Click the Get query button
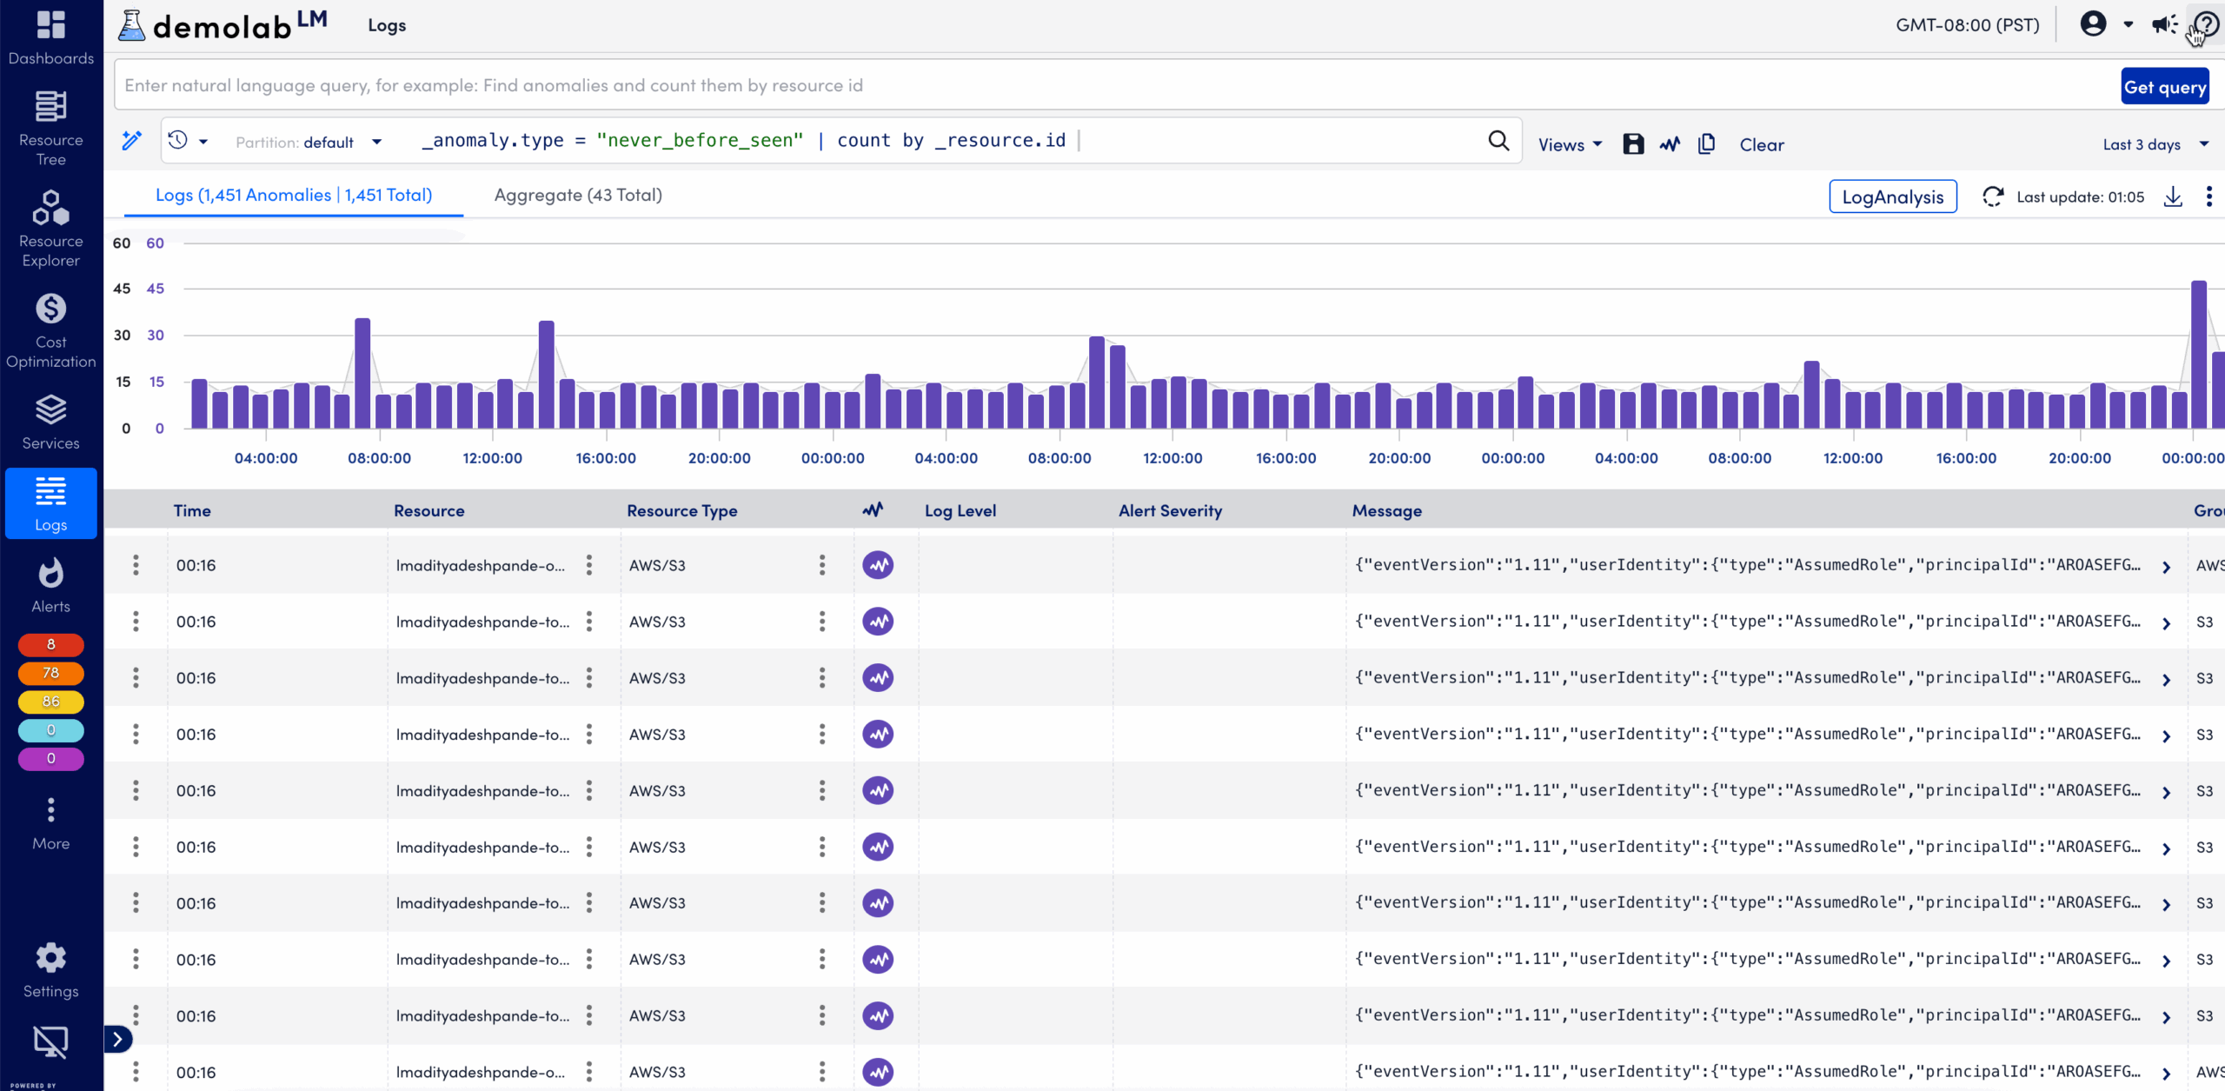(x=2164, y=86)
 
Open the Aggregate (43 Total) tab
(x=578, y=196)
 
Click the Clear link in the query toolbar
(x=1761, y=144)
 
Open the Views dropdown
(x=1569, y=144)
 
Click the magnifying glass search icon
(x=1498, y=141)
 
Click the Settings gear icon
(x=51, y=958)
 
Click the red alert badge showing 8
(x=51, y=644)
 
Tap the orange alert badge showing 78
(x=51, y=673)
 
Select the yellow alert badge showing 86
(x=51, y=702)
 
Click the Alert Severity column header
(x=1170, y=511)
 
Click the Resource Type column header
(x=681, y=511)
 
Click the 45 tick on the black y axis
(x=122, y=289)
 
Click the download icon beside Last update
(x=2173, y=196)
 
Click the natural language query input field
(x=1112, y=85)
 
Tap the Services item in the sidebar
(x=51, y=422)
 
